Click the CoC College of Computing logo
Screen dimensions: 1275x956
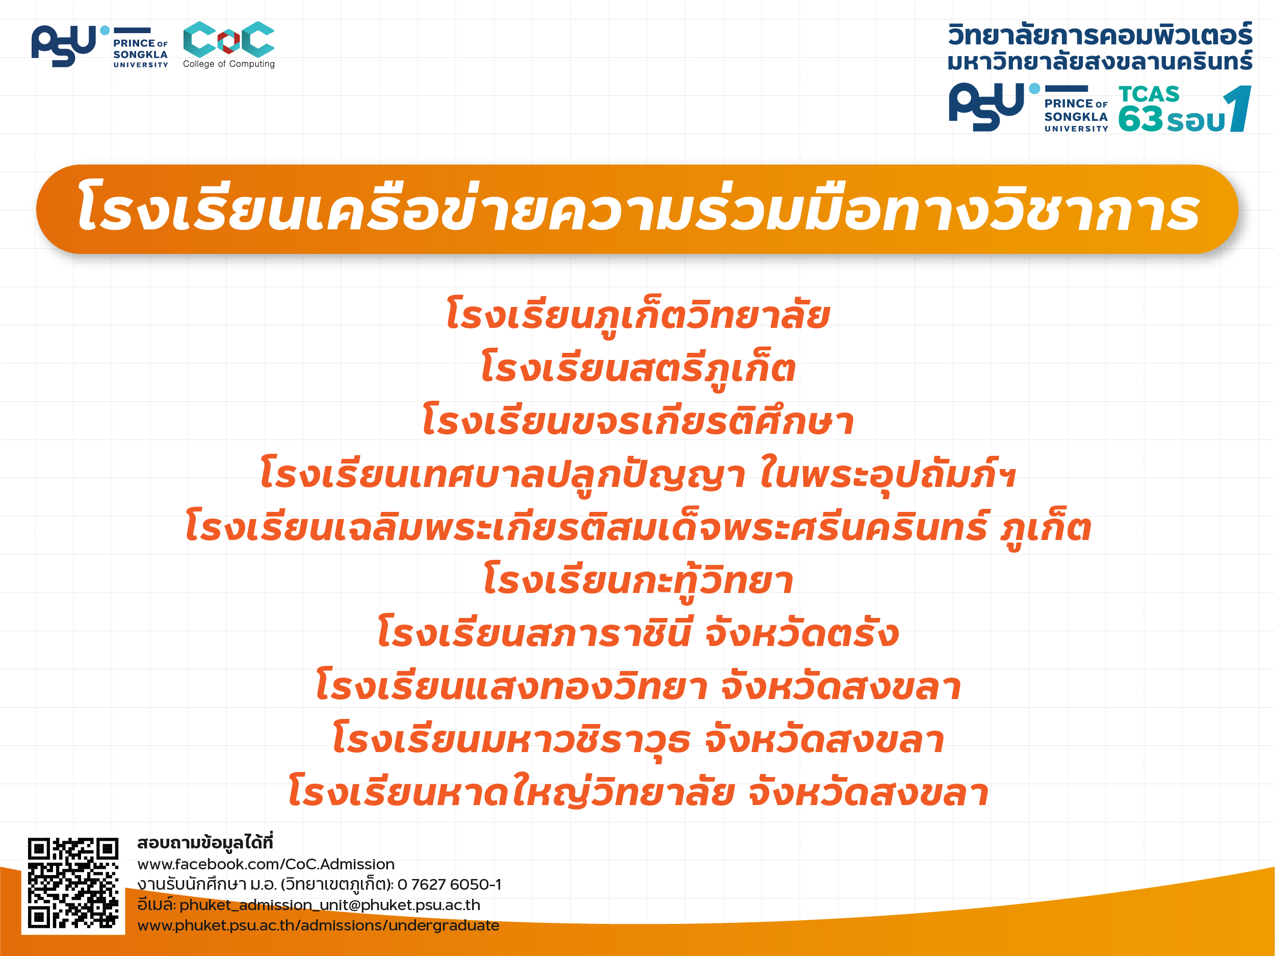[229, 45]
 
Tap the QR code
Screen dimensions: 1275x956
[73, 883]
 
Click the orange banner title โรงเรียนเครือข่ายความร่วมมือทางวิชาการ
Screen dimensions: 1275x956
[637, 209]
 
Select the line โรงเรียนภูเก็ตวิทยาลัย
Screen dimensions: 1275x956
[637, 316]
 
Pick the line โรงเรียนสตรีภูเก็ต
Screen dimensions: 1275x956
[637, 369]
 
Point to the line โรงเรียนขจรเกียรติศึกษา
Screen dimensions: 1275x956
[637, 421]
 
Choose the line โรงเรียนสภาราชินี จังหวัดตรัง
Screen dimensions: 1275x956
[637, 633]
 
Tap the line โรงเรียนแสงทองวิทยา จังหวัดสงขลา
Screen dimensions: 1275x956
[637, 686]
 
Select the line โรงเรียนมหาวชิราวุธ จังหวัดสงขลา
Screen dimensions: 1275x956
[637, 740]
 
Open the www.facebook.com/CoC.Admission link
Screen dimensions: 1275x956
[266, 864]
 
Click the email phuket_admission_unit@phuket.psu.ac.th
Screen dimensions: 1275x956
[330, 905]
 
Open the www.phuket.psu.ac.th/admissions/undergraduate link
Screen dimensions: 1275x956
[318, 925]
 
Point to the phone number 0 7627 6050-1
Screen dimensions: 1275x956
[450, 884]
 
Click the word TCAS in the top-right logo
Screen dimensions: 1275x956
[1149, 94]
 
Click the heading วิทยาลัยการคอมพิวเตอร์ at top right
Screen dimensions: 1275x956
[1100, 35]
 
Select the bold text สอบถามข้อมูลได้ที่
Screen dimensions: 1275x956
[204, 842]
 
